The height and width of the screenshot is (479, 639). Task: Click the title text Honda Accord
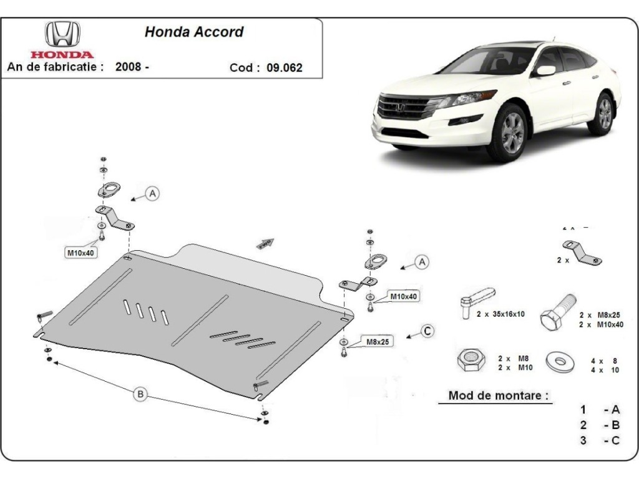click(194, 32)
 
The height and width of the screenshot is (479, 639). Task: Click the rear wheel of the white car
click(603, 114)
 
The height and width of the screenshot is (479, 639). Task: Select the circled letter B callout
click(140, 394)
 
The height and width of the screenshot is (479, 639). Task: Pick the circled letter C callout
click(427, 331)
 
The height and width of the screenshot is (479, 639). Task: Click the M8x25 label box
click(376, 341)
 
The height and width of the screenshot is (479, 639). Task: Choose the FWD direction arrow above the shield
click(265, 243)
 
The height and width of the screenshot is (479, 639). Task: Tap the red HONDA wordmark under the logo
click(62, 55)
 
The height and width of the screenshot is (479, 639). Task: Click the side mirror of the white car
click(545, 70)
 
